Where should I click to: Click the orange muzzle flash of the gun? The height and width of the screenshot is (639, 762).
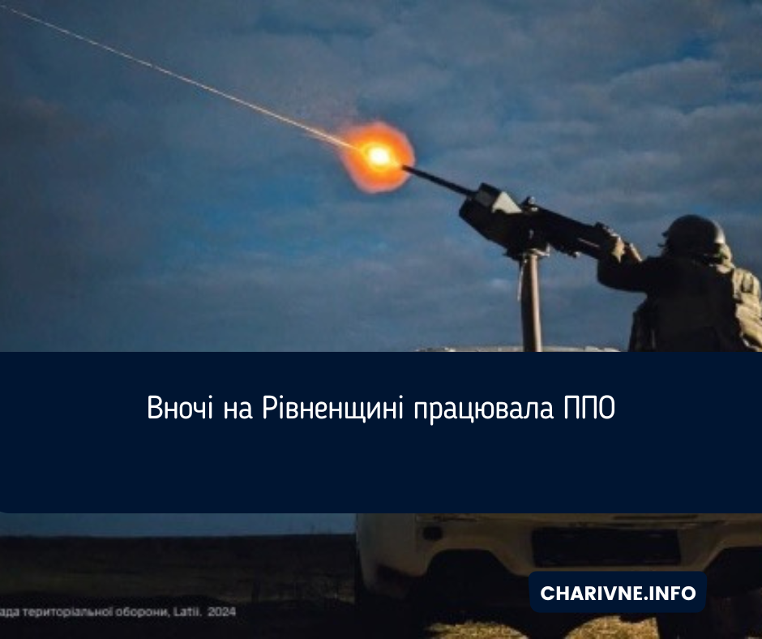point(379,156)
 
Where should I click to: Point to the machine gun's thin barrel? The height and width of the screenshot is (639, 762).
point(438,180)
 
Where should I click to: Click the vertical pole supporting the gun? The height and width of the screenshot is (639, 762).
point(531,300)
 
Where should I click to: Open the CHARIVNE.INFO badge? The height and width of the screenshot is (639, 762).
point(618,593)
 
